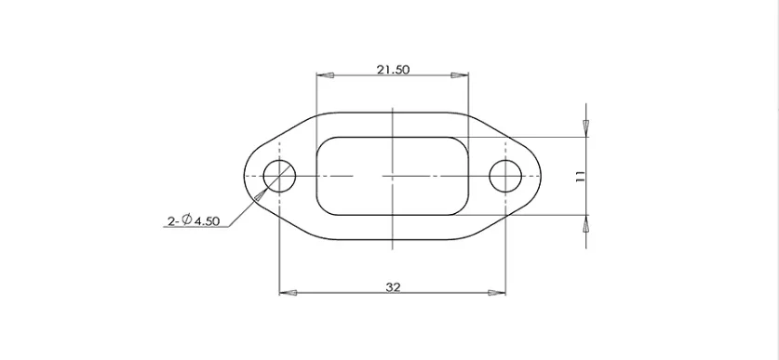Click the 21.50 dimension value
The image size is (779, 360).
coord(393,70)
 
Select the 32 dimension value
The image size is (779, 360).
coord(393,287)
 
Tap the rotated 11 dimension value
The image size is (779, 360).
coord(580,176)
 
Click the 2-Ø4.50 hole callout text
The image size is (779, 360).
coord(194,220)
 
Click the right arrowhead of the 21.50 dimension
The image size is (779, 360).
coord(460,75)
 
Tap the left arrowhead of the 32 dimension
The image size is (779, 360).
coord(289,293)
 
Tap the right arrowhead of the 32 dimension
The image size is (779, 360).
coord(497,293)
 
